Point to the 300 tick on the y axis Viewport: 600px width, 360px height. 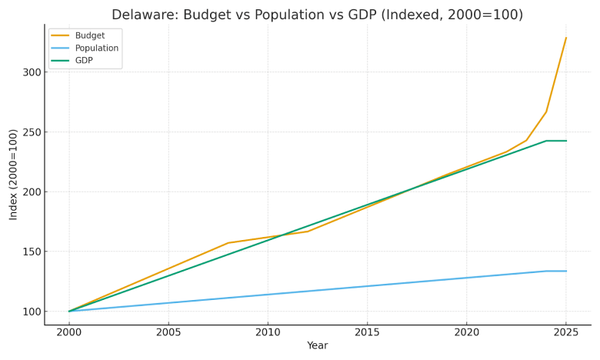[x=32, y=72]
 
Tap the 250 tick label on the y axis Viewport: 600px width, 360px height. [x=32, y=132]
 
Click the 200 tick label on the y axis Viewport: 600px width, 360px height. [x=32, y=192]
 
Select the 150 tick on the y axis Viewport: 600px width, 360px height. [x=32, y=252]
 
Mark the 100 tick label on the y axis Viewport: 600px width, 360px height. [x=32, y=312]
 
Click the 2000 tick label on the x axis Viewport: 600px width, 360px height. [x=69, y=332]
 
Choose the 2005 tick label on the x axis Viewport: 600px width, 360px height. [x=168, y=332]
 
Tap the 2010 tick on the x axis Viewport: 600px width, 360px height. [x=268, y=332]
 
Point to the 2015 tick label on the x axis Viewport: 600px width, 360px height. [x=367, y=332]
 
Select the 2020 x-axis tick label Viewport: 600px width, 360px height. [x=466, y=332]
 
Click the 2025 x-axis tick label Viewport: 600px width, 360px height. [x=565, y=332]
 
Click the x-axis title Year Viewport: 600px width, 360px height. [x=317, y=346]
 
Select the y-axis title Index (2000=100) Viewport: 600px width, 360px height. [x=14, y=175]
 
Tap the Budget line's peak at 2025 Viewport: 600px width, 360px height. [x=566, y=38]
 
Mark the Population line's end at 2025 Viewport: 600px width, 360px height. [x=566, y=271]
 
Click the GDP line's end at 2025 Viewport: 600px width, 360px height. [x=566, y=141]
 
